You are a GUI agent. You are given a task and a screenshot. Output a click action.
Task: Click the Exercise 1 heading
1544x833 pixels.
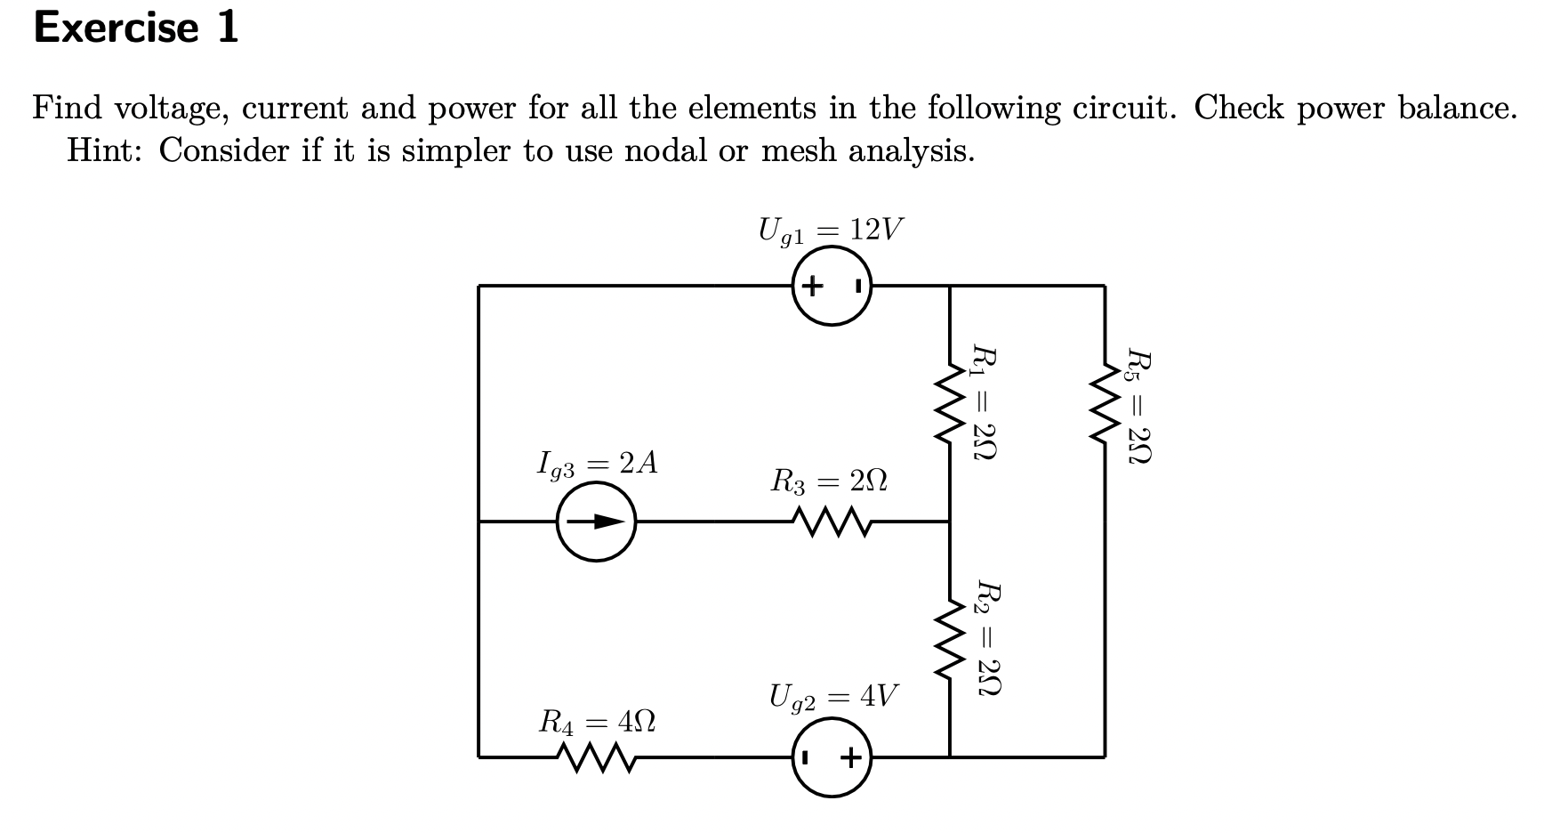point(135,27)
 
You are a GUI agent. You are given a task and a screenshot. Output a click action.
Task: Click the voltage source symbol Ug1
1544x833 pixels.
point(832,287)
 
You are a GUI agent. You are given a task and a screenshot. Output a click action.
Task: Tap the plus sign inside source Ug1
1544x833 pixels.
point(812,287)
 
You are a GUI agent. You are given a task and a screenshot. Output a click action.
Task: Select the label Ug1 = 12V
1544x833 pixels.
point(830,230)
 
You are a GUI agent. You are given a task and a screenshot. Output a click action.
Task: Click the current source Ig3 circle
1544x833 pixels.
point(597,522)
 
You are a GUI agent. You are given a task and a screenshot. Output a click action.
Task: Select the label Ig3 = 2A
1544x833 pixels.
point(597,464)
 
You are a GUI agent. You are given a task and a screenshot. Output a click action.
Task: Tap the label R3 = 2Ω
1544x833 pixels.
point(828,482)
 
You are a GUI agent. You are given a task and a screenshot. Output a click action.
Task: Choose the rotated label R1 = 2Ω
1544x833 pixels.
point(983,403)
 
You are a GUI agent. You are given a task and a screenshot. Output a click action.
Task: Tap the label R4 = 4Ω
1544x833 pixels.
point(597,721)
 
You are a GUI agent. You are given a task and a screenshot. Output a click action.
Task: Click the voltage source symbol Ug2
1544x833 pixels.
point(832,757)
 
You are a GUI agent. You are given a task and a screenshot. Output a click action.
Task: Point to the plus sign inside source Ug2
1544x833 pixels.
point(851,757)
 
